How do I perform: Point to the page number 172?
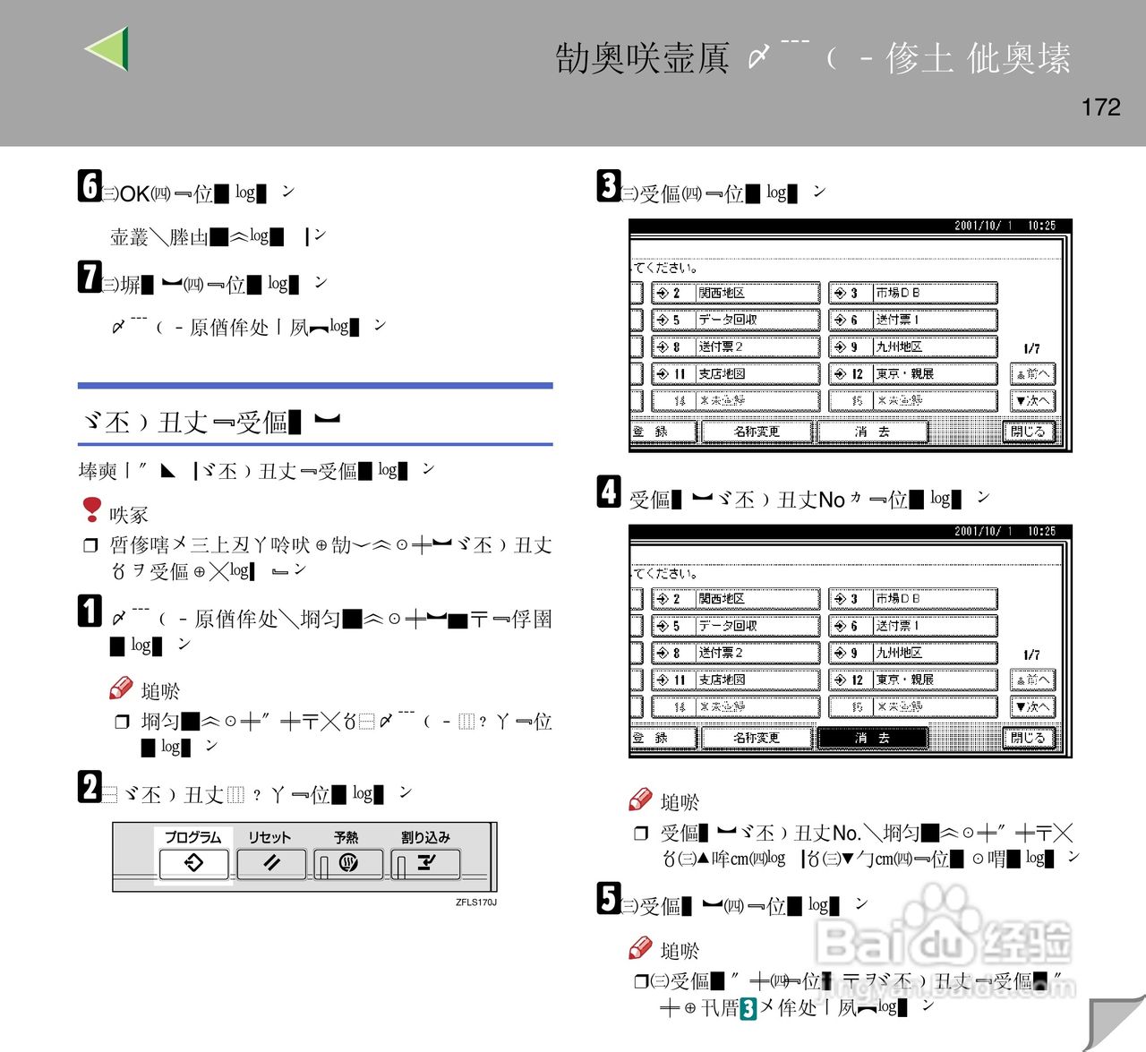click(1100, 107)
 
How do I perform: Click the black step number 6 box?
click(89, 185)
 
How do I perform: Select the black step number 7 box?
click(89, 276)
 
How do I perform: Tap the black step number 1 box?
click(89, 611)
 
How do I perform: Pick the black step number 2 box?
click(89, 786)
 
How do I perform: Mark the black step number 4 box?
click(609, 491)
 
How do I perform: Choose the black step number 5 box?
click(609, 898)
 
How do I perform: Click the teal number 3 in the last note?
click(748, 1009)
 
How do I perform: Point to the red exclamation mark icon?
click(91, 509)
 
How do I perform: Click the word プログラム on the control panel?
click(192, 837)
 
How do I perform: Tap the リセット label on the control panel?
click(269, 837)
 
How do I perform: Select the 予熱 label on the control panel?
click(346, 837)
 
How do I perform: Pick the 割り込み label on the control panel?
click(425, 837)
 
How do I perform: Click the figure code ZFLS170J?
click(475, 902)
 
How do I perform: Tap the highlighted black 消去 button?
click(872, 738)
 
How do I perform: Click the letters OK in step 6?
click(134, 194)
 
